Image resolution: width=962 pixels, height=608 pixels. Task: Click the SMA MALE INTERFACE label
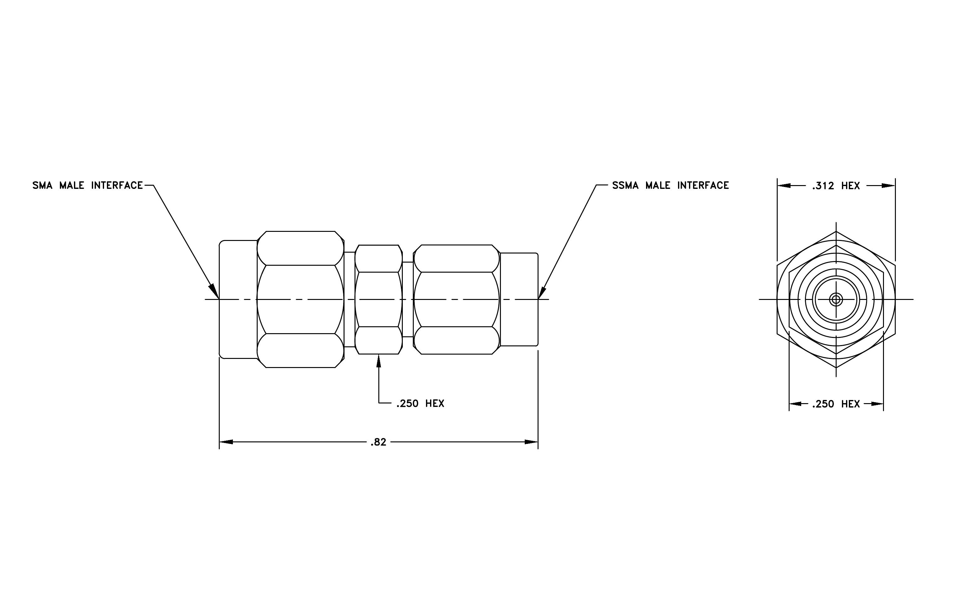pos(87,185)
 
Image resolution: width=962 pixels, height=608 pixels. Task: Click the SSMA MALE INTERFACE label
pos(670,185)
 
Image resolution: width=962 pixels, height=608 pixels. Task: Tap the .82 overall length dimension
pos(378,442)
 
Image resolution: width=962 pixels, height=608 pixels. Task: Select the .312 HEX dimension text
pos(836,186)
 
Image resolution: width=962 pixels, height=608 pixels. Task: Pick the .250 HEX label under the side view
pos(420,404)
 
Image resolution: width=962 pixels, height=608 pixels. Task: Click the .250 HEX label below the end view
pos(836,404)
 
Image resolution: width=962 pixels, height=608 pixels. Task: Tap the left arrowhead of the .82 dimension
pos(226,442)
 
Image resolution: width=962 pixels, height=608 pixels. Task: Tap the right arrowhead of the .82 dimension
pos(531,442)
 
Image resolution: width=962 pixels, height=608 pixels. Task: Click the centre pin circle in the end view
pos(836,299)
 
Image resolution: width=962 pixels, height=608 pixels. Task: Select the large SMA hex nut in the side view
pos(300,299)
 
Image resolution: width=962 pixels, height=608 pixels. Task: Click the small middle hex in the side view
pos(379,299)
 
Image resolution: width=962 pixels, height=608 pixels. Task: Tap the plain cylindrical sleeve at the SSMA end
pos(519,299)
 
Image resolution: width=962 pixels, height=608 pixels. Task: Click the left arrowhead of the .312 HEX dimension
pos(784,186)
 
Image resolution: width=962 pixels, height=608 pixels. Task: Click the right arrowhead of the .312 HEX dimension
pos(888,186)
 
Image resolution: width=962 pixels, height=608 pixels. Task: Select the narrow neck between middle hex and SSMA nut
pos(408,299)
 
